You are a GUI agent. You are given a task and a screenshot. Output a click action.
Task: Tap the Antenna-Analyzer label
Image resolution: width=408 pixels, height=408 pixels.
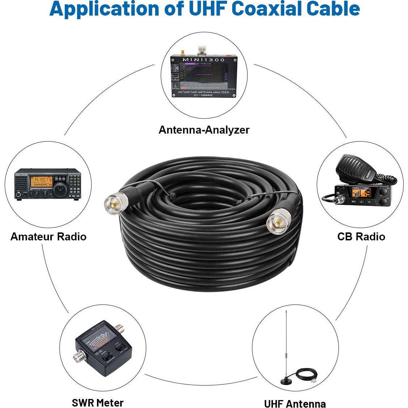click(204, 130)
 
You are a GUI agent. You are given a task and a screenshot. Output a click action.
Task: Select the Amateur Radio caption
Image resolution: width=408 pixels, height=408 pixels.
click(49, 236)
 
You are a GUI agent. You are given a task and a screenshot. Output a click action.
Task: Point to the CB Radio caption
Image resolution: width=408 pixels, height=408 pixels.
click(361, 236)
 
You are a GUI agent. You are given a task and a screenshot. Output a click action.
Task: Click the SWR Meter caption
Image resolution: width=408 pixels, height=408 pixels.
click(97, 402)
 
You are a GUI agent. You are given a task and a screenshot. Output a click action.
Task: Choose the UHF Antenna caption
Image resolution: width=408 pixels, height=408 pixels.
click(295, 403)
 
